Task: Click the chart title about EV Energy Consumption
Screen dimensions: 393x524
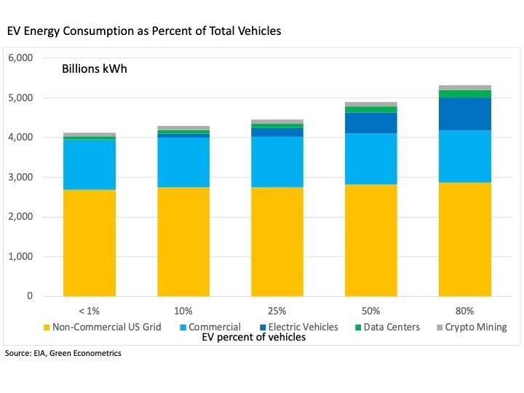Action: [x=143, y=31]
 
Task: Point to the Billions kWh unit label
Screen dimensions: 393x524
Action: [x=95, y=70]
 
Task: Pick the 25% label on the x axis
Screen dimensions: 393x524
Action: [x=277, y=311]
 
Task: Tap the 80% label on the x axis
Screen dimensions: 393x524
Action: [x=464, y=311]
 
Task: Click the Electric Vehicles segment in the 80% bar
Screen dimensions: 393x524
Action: [x=464, y=114]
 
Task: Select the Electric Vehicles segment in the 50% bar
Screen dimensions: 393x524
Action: [x=370, y=123]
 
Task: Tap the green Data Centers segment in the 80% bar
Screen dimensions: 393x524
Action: [x=464, y=94]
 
